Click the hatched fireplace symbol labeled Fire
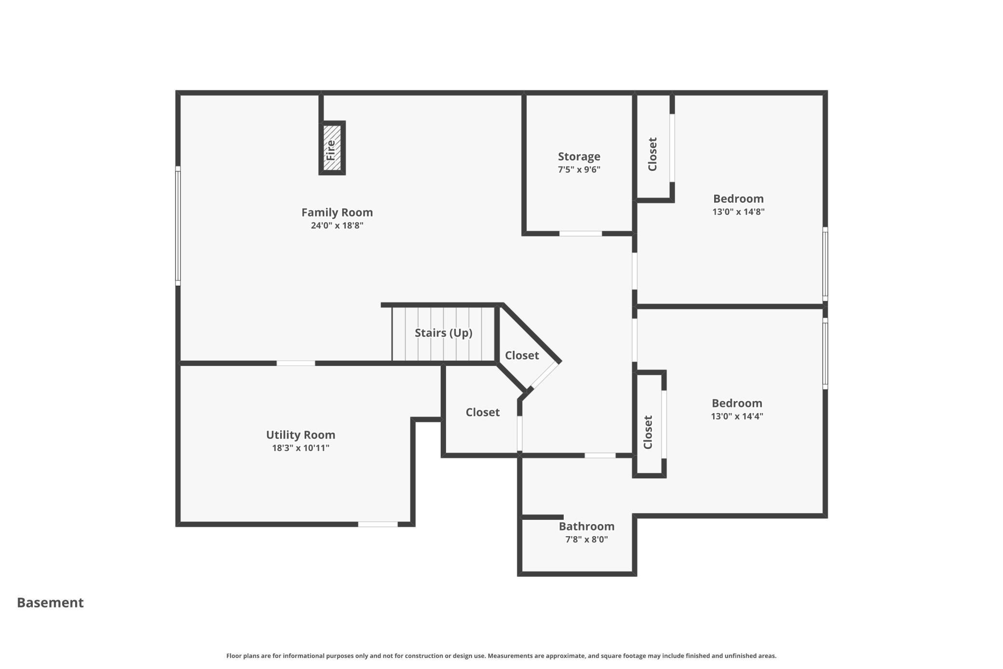pos(332,148)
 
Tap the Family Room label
pos(337,212)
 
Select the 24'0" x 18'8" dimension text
pos(337,225)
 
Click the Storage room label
pos(579,156)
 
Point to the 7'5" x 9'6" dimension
pos(579,169)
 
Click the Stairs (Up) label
pos(444,333)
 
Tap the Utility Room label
pos(301,435)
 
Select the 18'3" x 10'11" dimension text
pos(301,448)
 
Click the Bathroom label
pos(586,526)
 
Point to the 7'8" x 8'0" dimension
pos(586,539)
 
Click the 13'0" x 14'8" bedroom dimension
pos(738,211)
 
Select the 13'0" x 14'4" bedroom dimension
pos(737,416)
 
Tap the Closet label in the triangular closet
pos(522,355)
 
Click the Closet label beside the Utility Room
pos(483,412)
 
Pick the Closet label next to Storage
pos(652,154)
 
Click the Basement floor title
pos(50,602)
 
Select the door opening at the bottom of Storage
pos(581,234)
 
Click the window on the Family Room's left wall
pos(178,226)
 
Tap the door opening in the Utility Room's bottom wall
pos(378,524)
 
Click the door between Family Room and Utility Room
pos(296,363)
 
